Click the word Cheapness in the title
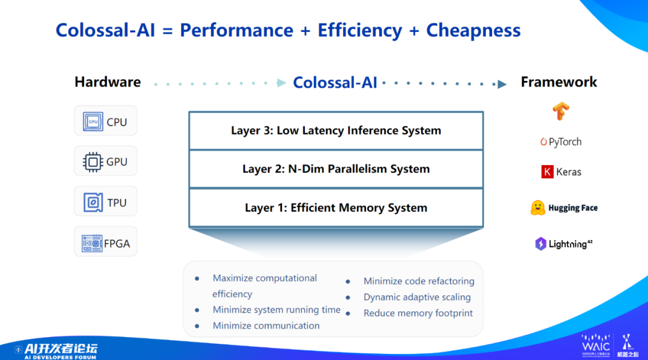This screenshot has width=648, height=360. pyautogui.click(x=473, y=30)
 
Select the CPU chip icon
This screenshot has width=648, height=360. pyautogui.click(x=93, y=122)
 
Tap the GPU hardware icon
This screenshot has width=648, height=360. pyautogui.click(x=93, y=161)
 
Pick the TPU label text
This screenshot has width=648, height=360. pyautogui.click(x=117, y=203)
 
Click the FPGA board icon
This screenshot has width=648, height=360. pyautogui.click(x=92, y=243)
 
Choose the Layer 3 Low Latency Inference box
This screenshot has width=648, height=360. pyautogui.click(x=336, y=131)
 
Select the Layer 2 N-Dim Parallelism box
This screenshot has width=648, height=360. pyautogui.click(x=336, y=169)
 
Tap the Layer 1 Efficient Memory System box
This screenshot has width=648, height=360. pyautogui.click(x=336, y=208)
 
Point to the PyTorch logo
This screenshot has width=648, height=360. pyautogui.click(x=561, y=142)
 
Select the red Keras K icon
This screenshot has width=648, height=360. pyautogui.click(x=547, y=172)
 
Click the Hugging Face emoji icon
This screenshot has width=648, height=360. pyautogui.click(x=538, y=208)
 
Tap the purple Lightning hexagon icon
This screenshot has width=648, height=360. pyautogui.click(x=541, y=244)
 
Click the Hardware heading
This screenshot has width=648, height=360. pyautogui.click(x=107, y=82)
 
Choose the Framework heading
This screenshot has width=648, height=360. pyautogui.click(x=559, y=82)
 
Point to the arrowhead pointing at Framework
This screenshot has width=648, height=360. pyautogui.click(x=502, y=84)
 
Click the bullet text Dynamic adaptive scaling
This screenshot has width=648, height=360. pyautogui.click(x=417, y=297)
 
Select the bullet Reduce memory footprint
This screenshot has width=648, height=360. pyautogui.click(x=418, y=313)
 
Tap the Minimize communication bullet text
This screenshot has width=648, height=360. pyautogui.click(x=266, y=326)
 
